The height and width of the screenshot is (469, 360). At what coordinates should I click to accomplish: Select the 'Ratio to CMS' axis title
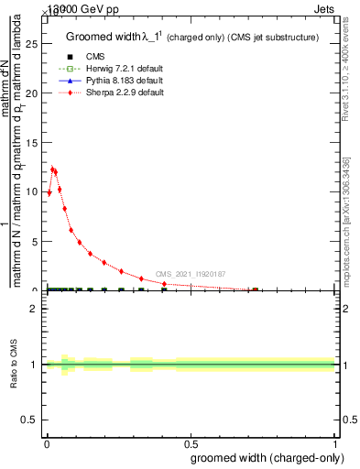(15, 364)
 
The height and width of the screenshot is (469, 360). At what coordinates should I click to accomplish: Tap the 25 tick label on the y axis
(30, 43)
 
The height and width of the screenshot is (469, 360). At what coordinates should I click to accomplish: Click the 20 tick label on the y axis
(30, 93)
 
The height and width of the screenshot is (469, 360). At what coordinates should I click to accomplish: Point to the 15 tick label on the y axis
(30, 142)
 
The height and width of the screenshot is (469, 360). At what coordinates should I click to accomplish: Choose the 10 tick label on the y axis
(30, 191)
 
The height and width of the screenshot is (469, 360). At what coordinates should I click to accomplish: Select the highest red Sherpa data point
(52, 169)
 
